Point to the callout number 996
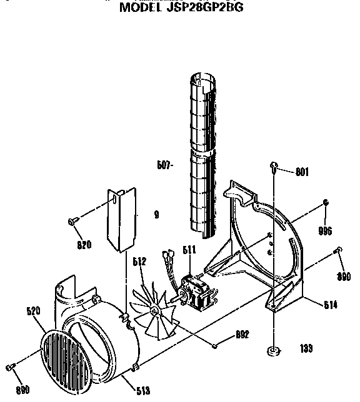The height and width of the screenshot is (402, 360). coord(324,230)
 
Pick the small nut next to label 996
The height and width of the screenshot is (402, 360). coord(326,202)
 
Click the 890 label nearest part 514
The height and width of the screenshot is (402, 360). coord(343,277)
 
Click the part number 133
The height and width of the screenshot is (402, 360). coord(306,349)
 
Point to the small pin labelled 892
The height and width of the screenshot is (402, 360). coord(214,345)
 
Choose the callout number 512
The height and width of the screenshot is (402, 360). coord(139,262)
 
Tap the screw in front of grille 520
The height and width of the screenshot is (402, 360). coord(11,366)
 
